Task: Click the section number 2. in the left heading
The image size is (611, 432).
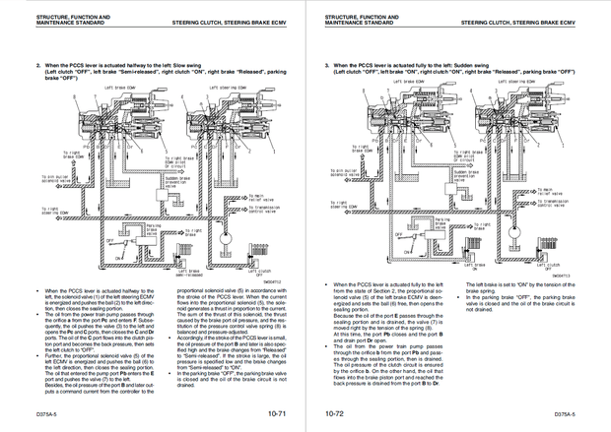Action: (x=38, y=65)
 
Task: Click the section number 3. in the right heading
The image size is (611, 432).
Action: (x=327, y=65)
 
